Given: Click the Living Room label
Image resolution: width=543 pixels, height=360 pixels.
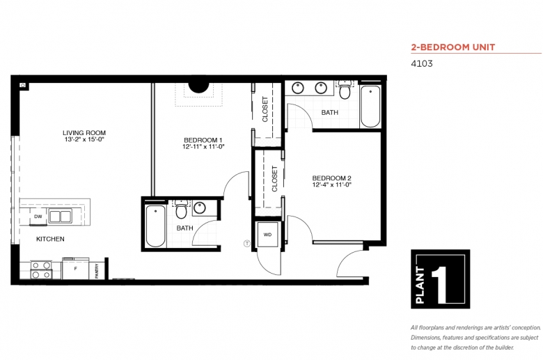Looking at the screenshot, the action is [x=84, y=133].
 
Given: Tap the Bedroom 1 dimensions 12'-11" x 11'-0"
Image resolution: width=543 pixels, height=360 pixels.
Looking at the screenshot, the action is [x=203, y=146].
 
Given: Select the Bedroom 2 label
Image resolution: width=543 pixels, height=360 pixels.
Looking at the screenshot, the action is [x=332, y=178].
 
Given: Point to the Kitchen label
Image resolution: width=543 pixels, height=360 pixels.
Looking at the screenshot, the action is [x=50, y=239].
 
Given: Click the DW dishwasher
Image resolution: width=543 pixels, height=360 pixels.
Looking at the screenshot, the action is [x=38, y=217].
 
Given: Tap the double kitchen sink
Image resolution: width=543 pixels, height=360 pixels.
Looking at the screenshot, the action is [x=61, y=217].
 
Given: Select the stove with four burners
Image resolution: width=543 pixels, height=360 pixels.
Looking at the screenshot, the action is [x=41, y=270].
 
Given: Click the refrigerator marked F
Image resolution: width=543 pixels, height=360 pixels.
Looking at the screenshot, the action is [x=75, y=269].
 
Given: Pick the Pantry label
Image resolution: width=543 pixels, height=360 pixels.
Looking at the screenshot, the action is [x=97, y=271].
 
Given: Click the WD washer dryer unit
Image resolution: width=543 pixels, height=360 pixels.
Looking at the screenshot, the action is [x=268, y=235].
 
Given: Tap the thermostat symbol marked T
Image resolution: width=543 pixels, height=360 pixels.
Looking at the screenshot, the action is [x=247, y=244].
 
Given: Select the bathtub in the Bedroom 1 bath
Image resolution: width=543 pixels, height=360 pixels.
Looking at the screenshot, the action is [x=155, y=226].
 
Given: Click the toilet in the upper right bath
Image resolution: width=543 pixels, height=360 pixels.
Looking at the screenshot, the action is [x=345, y=89].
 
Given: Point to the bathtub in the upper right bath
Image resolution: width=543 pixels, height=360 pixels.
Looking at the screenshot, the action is [x=370, y=107].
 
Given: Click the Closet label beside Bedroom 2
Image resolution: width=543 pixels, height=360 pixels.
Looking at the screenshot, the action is [x=274, y=179].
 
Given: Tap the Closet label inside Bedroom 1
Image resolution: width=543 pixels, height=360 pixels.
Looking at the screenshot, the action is [x=265, y=109].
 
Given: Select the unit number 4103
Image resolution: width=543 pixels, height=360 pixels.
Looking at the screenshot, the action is [x=422, y=64].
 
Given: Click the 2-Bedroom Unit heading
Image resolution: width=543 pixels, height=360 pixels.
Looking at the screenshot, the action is [x=453, y=47].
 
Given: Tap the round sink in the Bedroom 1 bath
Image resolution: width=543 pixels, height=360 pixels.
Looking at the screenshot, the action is [x=200, y=208].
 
